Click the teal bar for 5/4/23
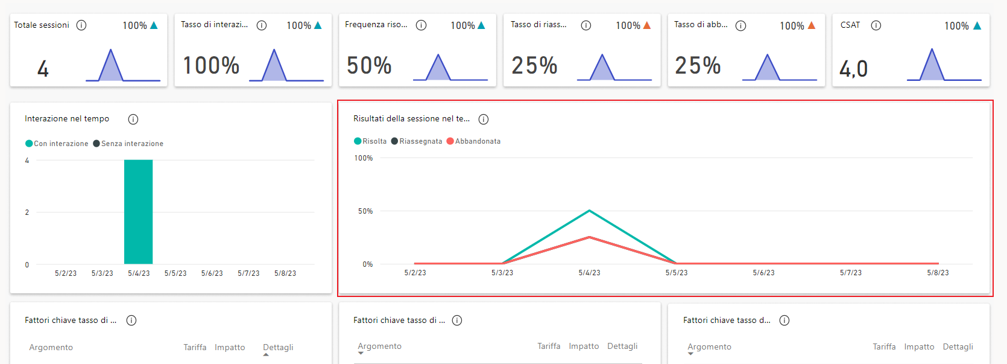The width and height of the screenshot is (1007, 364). (x=138, y=212)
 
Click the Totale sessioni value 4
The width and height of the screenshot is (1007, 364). (x=43, y=68)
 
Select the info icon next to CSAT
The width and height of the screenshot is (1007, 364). (x=876, y=25)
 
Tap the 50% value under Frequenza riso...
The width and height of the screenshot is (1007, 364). (x=369, y=65)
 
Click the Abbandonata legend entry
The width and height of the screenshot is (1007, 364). (x=474, y=141)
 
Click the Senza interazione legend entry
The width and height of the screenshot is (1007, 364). (x=128, y=144)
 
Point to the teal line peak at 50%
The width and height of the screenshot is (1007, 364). (x=589, y=211)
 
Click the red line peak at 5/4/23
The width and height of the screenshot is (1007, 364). (x=589, y=237)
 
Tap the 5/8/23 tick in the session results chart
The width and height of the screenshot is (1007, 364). (x=938, y=273)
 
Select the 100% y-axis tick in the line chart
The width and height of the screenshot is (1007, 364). (x=364, y=158)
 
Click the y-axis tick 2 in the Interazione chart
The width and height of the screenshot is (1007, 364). (x=27, y=212)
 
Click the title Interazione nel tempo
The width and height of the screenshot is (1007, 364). (x=67, y=119)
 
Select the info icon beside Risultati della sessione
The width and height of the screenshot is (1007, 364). (x=484, y=120)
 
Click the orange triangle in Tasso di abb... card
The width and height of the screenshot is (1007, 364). (x=812, y=25)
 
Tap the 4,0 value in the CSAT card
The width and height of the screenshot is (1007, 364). (x=853, y=69)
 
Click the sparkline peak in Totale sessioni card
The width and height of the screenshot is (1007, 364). (x=110, y=51)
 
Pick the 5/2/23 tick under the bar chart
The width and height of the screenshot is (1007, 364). (x=66, y=273)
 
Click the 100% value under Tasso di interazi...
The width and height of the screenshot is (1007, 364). (x=211, y=65)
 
